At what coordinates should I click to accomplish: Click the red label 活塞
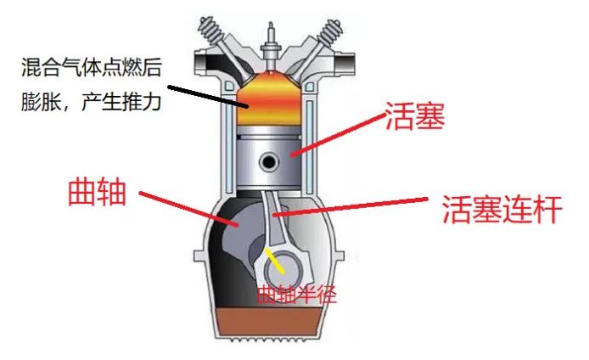[x=415, y=115]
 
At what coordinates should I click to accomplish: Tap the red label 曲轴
[x=97, y=192]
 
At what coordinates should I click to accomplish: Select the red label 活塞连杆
[x=502, y=209]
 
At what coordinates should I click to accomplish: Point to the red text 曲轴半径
[x=297, y=295]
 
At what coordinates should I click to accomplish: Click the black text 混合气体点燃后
[x=92, y=68]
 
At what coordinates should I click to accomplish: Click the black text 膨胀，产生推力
[x=92, y=101]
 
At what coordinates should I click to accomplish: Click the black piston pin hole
[x=268, y=162]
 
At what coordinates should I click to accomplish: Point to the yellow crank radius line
[x=275, y=261]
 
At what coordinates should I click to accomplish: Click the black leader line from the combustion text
[x=208, y=97]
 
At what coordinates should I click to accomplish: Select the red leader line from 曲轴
[x=189, y=210]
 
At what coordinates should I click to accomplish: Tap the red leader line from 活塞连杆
[x=351, y=206]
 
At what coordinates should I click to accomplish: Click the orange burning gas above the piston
[x=270, y=98]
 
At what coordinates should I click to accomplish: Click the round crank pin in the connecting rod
[x=283, y=272]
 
